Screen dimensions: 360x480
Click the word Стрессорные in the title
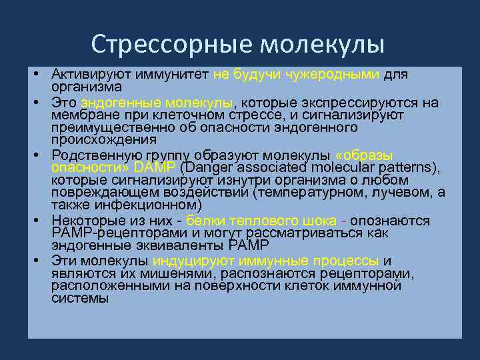point(172,44)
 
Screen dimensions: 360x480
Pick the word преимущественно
point(103,127)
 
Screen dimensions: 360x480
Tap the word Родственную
point(92,153)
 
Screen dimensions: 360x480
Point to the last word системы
point(79,299)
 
